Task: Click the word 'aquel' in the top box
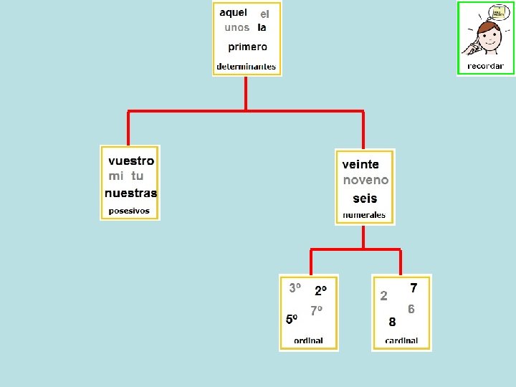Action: click(233, 12)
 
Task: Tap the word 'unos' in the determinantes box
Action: click(236, 28)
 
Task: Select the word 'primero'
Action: click(247, 47)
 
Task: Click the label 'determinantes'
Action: click(246, 67)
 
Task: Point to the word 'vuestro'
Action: click(130, 161)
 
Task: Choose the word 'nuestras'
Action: click(130, 193)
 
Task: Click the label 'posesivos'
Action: click(129, 211)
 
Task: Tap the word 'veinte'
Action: click(360, 164)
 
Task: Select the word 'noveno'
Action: click(365, 181)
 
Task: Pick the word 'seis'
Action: click(365, 199)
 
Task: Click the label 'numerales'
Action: click(364, 215)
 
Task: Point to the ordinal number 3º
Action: click(295, 288)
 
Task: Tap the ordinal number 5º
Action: click(292, 319)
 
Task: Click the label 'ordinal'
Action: click(308, 340)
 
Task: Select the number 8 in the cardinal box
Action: click(392, 322)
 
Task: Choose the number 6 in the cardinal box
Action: click(411, 309)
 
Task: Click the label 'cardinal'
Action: click(401, 340)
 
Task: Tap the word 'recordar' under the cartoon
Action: click(485, 66)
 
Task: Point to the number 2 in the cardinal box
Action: click(384, 295)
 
